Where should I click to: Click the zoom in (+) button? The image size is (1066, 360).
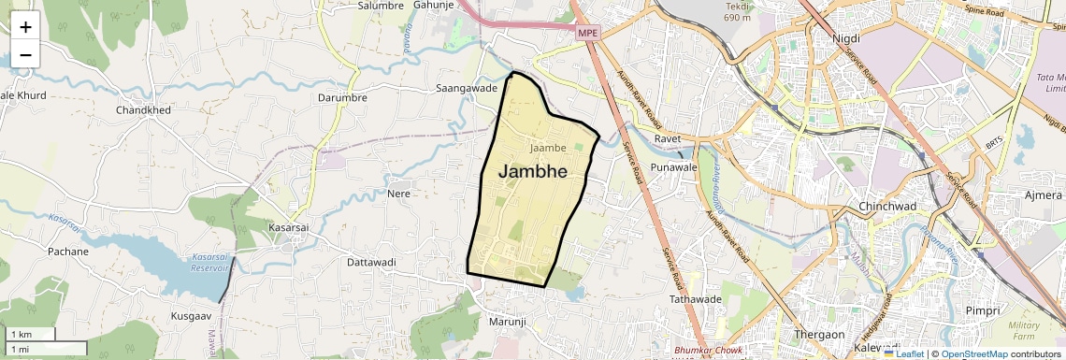coord(25,27)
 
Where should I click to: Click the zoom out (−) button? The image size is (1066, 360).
coord(25,55)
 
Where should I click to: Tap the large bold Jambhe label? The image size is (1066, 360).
coord(533,171)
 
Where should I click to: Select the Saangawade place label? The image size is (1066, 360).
coord(467,88)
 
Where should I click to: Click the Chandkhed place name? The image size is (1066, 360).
coord(143,110)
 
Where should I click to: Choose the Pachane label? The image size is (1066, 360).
coord(68,252)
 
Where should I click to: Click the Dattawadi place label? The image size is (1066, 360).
coord(372,262)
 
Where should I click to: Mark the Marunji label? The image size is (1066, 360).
coord(509,322)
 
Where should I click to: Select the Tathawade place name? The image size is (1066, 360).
coord(695,299)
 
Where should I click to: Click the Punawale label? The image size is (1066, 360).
coord(674,167)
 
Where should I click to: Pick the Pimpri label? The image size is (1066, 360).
coord(982,310)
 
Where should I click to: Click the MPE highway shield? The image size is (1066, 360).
coord(587,33)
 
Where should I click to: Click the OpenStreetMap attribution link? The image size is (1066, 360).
coord(973,354)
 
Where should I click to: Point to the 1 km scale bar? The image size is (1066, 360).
coord(33,335)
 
